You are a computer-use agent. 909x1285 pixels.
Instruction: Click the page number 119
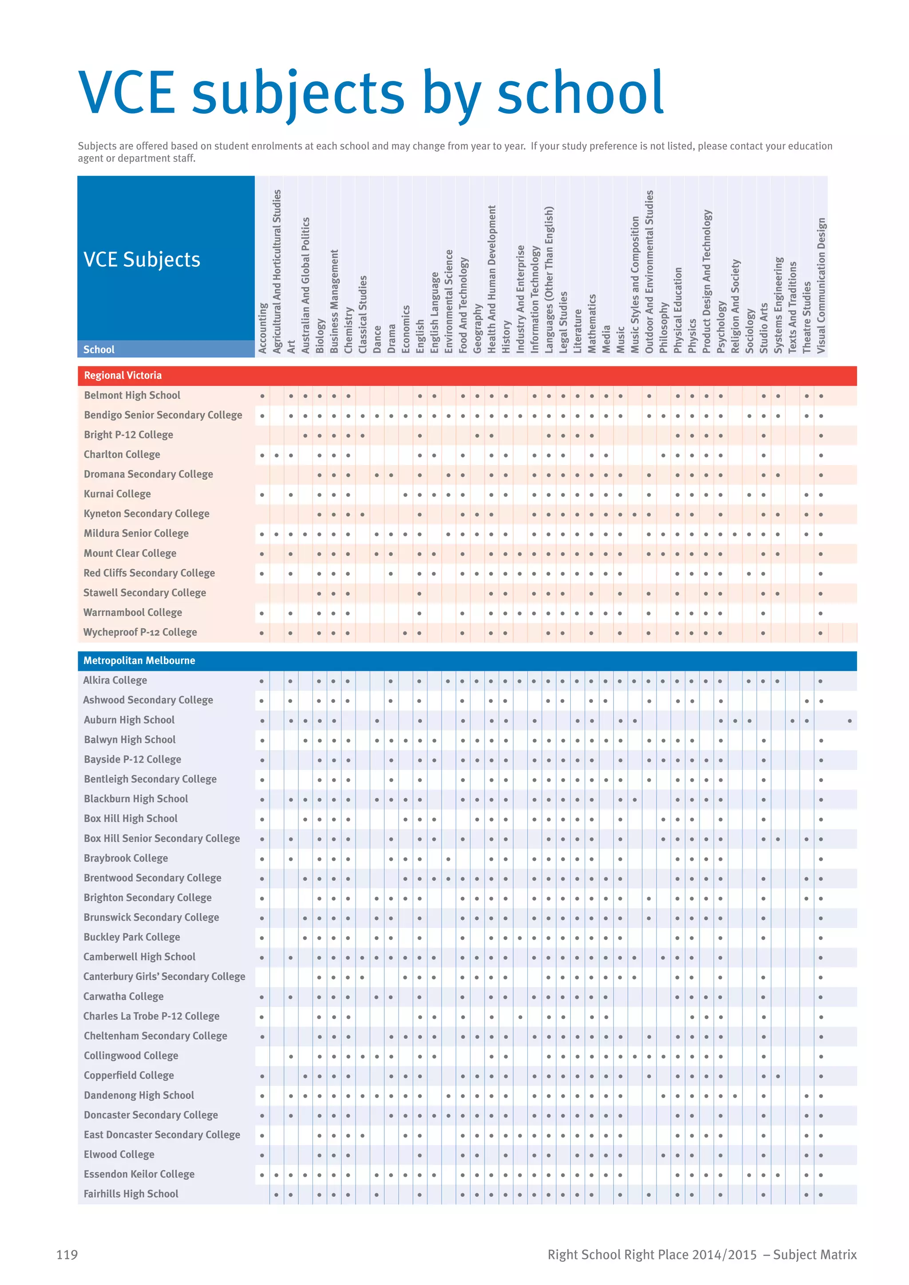(67, 1254)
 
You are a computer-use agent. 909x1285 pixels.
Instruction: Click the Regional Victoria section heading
(123, 375)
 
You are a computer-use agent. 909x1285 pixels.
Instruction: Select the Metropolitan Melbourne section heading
(139, 660)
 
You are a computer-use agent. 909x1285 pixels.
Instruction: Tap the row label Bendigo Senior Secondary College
(163, 415)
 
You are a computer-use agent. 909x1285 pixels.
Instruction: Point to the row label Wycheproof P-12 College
(140, 632)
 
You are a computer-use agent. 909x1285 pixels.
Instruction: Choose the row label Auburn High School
(129, 720)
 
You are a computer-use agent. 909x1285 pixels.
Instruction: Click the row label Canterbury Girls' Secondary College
(164, 977)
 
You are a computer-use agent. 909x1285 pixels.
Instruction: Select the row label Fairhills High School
(131, 1194)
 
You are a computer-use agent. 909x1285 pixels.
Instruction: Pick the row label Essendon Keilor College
(139, 1174)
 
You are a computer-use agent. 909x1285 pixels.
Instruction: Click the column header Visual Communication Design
(821, 285)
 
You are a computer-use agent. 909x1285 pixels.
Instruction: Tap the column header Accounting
(262, 328)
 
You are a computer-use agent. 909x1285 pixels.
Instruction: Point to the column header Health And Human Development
(492, 279)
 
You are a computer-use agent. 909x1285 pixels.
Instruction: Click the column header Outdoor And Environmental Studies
(649, 272)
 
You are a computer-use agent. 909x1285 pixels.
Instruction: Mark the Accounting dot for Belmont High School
(262, 396)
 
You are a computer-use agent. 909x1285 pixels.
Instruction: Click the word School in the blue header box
(99, 350)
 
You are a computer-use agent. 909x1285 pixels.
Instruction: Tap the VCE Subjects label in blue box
(142, 260)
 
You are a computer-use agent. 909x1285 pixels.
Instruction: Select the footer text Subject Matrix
(814, 1254)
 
